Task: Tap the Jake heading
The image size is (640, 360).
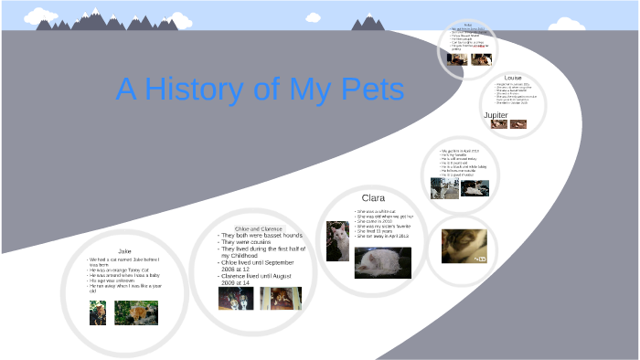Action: coord(126,250)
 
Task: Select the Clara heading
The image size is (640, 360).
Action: coord(373,197)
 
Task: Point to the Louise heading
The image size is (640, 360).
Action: coord(513,79)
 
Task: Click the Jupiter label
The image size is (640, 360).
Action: coord(496,115)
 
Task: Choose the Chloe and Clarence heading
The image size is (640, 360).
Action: coord(260,228)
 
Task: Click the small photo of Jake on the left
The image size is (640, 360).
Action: coord(97,313)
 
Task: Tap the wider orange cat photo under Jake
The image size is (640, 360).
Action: coord(136,313)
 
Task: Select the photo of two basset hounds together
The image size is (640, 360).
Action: coord(236,299)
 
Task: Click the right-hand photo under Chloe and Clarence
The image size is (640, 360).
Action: coord(280,299)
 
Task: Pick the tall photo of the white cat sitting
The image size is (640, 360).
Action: coord(337,241)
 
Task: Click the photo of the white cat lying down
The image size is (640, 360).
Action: coord(383,262)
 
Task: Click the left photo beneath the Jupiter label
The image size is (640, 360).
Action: coord(499,123)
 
